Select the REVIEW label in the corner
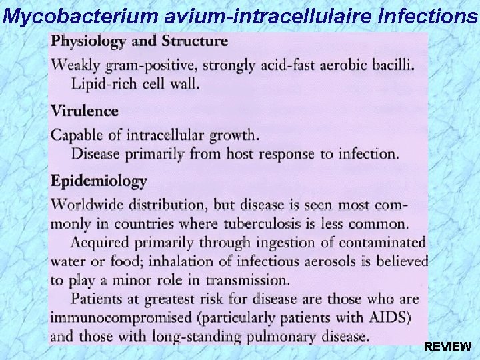tap(448, 347)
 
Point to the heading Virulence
tap(85, 111)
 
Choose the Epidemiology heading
tap(99, 181)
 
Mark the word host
tap(243, 153)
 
